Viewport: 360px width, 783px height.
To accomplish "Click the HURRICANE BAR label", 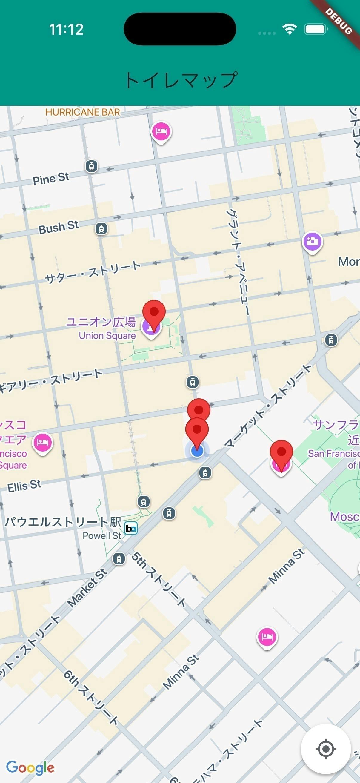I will (83, 112).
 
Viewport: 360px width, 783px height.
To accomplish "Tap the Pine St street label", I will (51, 179).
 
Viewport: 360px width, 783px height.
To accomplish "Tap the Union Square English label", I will (107, 336).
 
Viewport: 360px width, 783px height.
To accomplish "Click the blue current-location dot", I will (197, 451).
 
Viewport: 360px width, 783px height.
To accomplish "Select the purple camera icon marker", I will (312, 242).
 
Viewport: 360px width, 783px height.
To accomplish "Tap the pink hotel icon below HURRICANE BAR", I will (161, 132).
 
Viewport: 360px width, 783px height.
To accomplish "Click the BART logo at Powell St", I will (131, 528).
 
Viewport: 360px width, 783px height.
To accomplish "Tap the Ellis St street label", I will (24, 486).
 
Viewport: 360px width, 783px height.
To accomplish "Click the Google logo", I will (30, 767).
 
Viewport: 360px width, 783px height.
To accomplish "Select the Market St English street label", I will (87, 588).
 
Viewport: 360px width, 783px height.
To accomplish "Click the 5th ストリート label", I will (159, 580).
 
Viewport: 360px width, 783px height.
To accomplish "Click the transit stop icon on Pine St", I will (91, 166).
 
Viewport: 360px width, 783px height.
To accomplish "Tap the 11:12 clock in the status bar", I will (66, 30).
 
